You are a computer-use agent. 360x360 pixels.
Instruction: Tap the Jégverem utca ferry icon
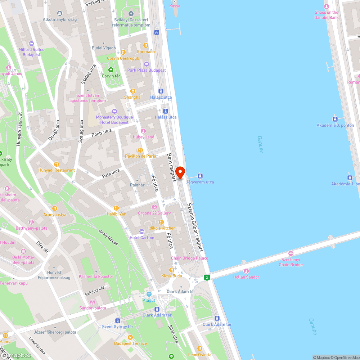200,176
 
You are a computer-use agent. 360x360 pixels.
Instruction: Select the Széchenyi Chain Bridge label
291,262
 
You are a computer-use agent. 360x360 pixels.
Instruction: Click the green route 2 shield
207,278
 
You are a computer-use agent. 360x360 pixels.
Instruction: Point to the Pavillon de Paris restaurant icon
140,150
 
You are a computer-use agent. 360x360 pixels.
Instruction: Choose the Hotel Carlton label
142,238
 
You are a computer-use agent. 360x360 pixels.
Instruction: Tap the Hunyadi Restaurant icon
56,164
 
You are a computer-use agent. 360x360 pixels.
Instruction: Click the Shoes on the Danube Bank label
327,15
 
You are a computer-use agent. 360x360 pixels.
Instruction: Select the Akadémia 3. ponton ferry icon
335,119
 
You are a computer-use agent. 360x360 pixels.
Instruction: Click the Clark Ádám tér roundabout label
181,291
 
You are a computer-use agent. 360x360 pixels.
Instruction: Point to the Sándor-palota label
93,308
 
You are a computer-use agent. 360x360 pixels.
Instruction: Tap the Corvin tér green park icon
111,70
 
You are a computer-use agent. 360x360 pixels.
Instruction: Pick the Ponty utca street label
102,133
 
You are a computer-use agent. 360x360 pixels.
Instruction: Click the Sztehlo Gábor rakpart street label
195,227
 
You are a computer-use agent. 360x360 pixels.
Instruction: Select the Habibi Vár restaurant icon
116,208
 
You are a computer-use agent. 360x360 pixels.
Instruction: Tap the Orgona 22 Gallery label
154,213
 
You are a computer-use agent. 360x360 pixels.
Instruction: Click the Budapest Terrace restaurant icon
130,337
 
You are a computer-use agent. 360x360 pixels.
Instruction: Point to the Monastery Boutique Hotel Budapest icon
114,111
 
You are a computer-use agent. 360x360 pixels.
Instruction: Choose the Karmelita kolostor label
96,276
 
